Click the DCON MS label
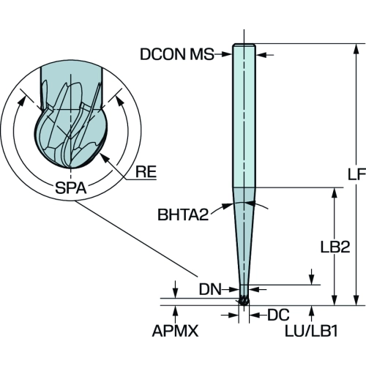pos(177,54)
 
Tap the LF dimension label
pos(356,173)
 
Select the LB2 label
pos(335,247)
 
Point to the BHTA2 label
pos(183,214)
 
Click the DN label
pos(210,290)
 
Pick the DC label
pos(278,315)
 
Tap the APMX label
pos(175,331)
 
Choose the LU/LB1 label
pos(312,331)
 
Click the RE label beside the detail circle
pos(146,171)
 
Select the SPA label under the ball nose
pos(71,188)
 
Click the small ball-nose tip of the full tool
pos(244,302)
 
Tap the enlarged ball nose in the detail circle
pos(71,138)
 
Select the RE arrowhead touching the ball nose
pos(105,157)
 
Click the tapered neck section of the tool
pos(244,236)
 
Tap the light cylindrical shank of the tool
pos(244,116)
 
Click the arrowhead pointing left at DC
pos(254,315)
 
